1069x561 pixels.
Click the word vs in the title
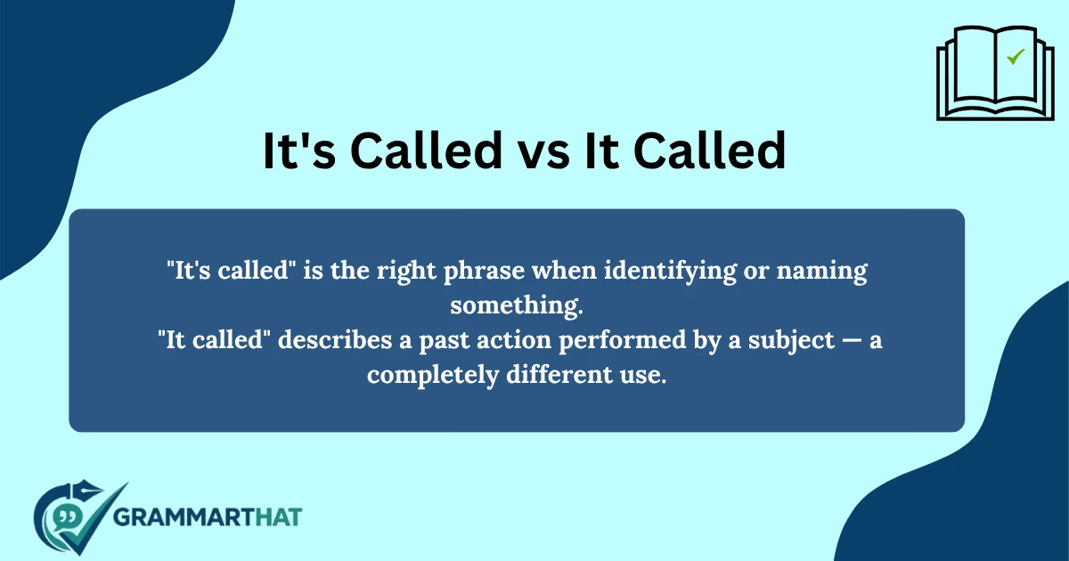tap(529, 151)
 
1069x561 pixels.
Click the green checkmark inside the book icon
tap(1015, 57)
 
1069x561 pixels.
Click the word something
tap(516, 306)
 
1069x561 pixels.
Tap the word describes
tap(331, 341)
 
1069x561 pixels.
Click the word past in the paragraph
tap(440, 341)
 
